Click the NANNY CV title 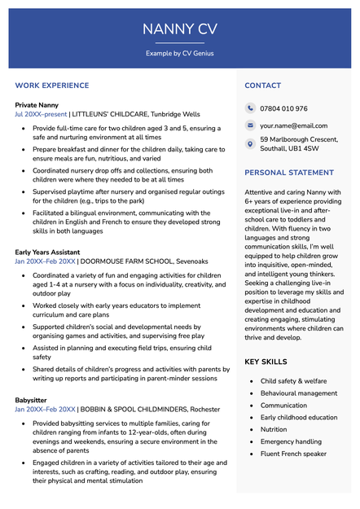click(x=180, y=29)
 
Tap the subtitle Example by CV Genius click(x=180, y=53)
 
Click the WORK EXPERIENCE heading click(x=52, y=86)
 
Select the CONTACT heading click(x=262, y=86)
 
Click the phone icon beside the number click(x=250, y=108)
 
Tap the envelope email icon click(x=250, y=126)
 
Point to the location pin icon click(x=250, y=144)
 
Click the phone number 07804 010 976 click(x=283, y=108)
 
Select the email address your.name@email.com click(x=293, y=126)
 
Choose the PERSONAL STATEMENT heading click(x=289, y=173)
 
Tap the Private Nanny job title click(x=37, y=105)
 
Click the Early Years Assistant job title click(x=47, y=252)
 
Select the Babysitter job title click(x=31, y=400)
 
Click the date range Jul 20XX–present click(x=41, y=115)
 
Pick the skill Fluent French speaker click(x=293, y=454)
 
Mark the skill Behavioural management click(x=298, y=393)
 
